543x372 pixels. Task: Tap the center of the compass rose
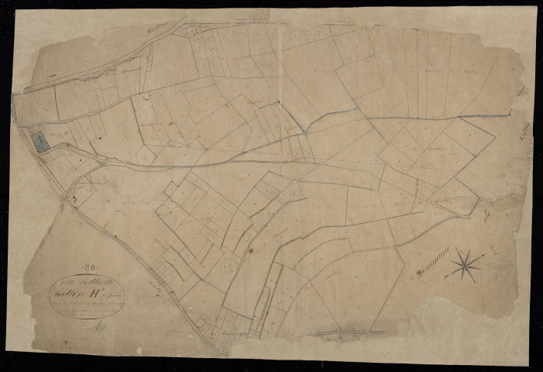[x=466, y=263]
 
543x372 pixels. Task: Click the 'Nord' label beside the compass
[x=493, y=250]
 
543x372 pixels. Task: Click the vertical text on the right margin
[x=521, y=140]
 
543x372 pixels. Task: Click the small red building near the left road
[x=74, y=198]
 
